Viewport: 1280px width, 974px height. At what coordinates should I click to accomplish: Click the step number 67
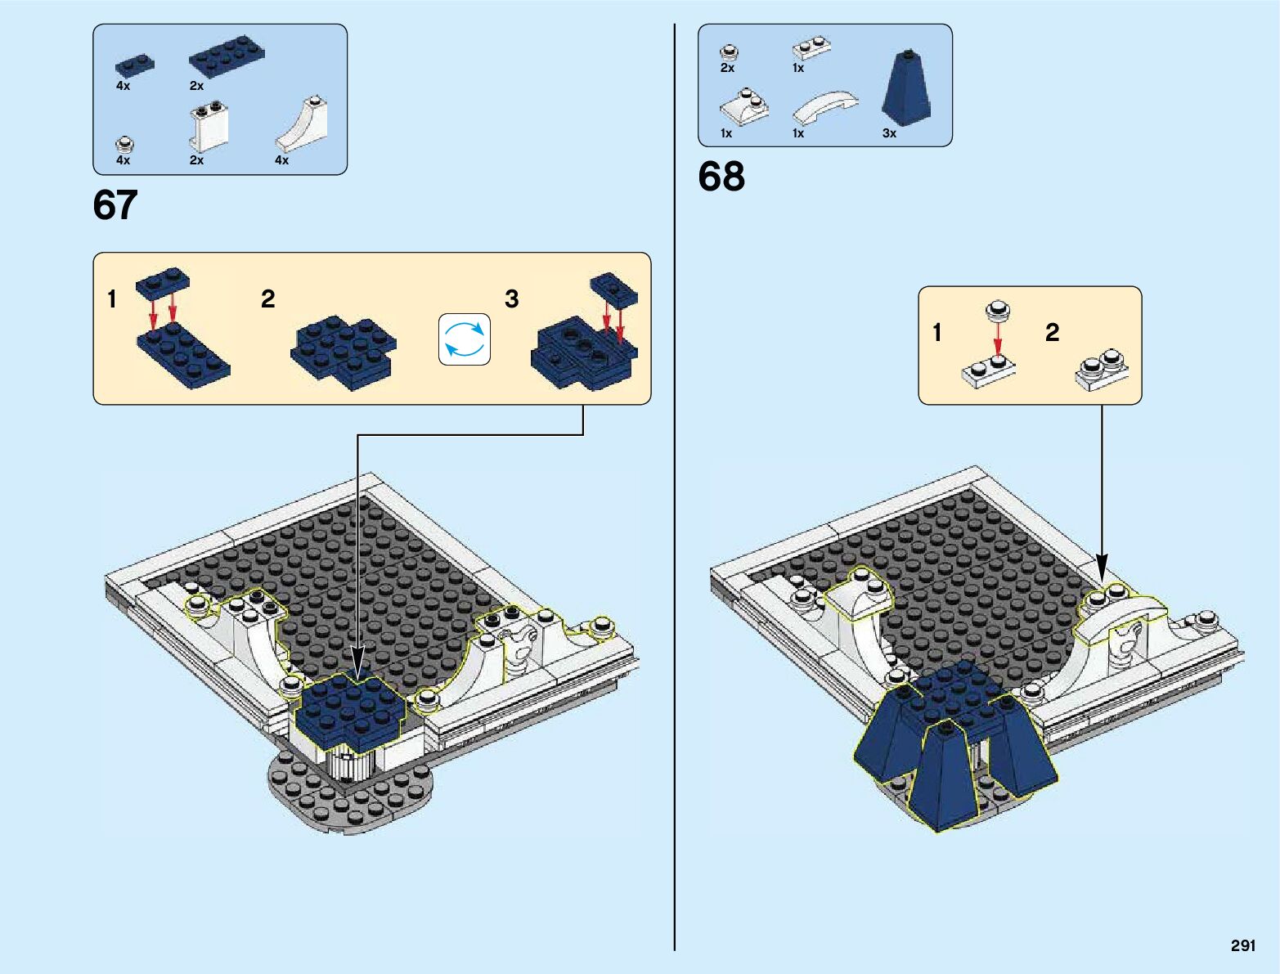[115, 205]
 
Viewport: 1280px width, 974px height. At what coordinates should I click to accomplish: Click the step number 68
[721, 177]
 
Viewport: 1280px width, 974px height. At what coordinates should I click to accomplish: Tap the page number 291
[1242, 945]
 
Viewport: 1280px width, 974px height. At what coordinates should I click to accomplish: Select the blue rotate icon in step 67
[465, 339]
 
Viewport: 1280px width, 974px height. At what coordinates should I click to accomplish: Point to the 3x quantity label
[889, 133]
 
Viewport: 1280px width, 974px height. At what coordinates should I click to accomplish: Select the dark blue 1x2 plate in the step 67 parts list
[135, 64]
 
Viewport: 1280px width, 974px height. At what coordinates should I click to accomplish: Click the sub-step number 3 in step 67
[512, 299]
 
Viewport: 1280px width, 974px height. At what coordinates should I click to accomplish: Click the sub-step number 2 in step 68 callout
[1053, 332]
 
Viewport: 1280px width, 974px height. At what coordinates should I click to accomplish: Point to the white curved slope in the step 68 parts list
[825, 106]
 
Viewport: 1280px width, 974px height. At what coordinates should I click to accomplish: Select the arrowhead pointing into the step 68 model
[1102, 570]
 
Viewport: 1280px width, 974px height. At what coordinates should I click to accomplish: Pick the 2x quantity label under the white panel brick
[196, 160]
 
